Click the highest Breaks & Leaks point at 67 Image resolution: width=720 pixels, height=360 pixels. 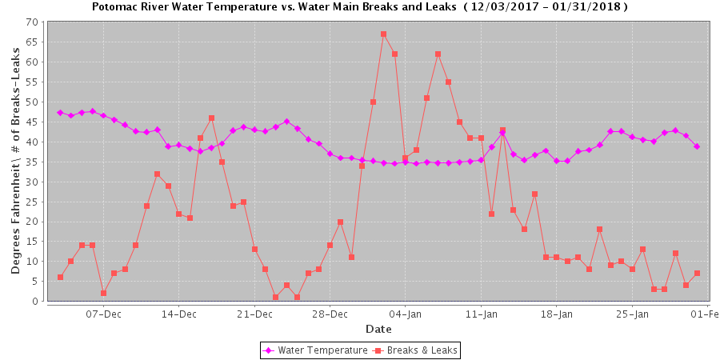point(383,34)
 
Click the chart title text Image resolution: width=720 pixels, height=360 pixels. point(359,6)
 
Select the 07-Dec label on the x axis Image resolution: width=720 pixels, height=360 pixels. point(103,314)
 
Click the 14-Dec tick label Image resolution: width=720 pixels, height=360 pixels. point(178,314)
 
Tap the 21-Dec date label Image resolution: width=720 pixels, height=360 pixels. point(254,314)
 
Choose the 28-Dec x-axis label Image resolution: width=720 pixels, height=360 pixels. point(330,314)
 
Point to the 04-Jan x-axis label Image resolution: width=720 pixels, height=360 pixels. point(405,314)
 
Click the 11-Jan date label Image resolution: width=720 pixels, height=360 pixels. point(481,314)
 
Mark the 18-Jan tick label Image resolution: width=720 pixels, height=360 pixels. point(556,314)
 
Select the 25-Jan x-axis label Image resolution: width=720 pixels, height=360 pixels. point(632,314)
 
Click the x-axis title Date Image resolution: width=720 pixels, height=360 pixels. point(378,329)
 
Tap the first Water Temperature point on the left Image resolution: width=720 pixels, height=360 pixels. point(60,113)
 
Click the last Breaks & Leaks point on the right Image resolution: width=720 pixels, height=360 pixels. point(697,274)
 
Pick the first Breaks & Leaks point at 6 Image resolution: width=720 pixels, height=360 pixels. point(60,278)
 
